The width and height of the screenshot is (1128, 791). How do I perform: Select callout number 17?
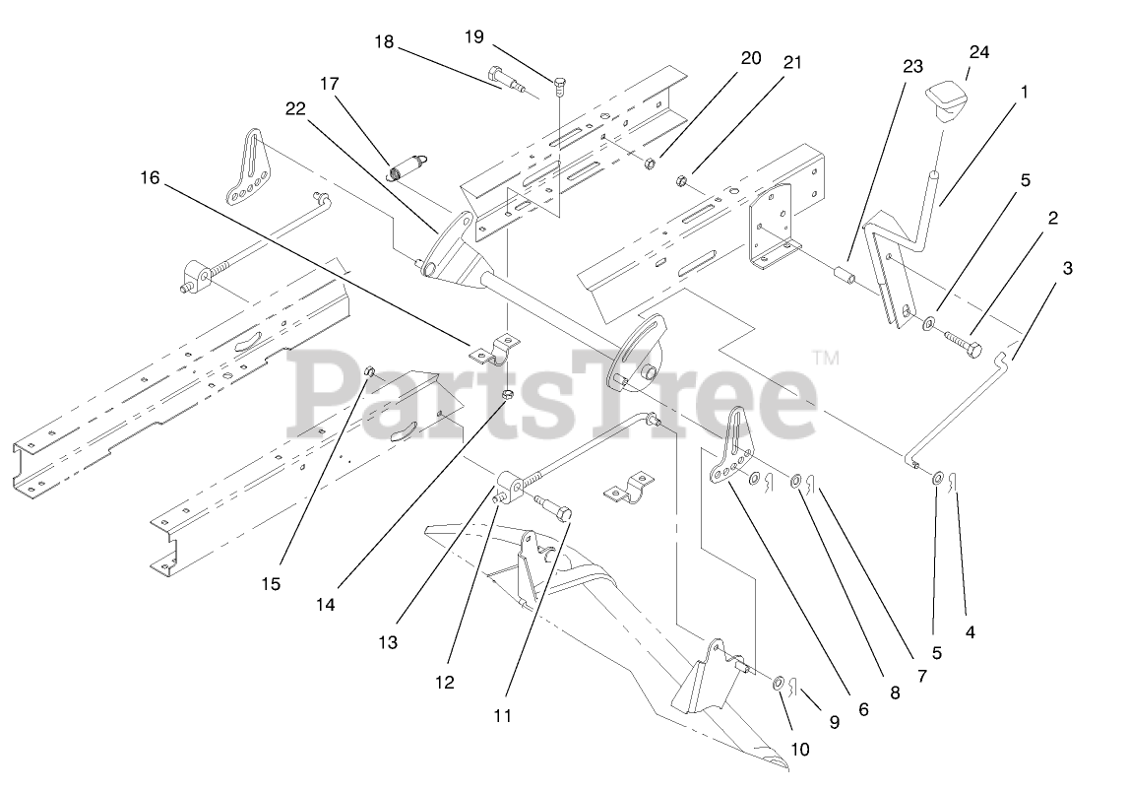pyautogui.click(x=329, y=85)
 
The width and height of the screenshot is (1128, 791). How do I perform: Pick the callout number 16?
pyautogui.click(x=149, y=178)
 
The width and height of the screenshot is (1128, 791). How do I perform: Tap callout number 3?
pyautogui.click(x=1067, y=268)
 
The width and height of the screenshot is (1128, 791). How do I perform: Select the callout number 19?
pyautogui.click(x=474, y=37)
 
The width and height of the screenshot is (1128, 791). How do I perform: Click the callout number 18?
pyautogui.click(x=384, y=42)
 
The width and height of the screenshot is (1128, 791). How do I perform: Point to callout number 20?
pyautogui.click(x=751, y=58)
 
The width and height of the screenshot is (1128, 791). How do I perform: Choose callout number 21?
pyautogui.click(x=792, y=63)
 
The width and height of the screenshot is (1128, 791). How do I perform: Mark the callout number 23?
pyautogui.click(x=912, y=67)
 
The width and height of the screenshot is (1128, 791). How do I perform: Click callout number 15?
pyautogui.click(x=271, y=584)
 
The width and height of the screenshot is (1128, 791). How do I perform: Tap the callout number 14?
pyautogui.click(x=325, y=605)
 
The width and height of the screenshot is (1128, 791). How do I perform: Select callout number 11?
pyautogui.click(x=503, y=717)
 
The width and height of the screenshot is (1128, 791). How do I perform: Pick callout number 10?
pyautogui.click(x=799, y=749)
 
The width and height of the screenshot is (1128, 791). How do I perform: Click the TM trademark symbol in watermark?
pyautogui.click(x=826, y=359)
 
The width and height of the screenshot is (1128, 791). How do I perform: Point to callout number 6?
pyautogui.click(x=862, y=708)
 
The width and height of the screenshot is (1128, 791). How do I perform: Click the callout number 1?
pyautogui.click(x=1024, y=92)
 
